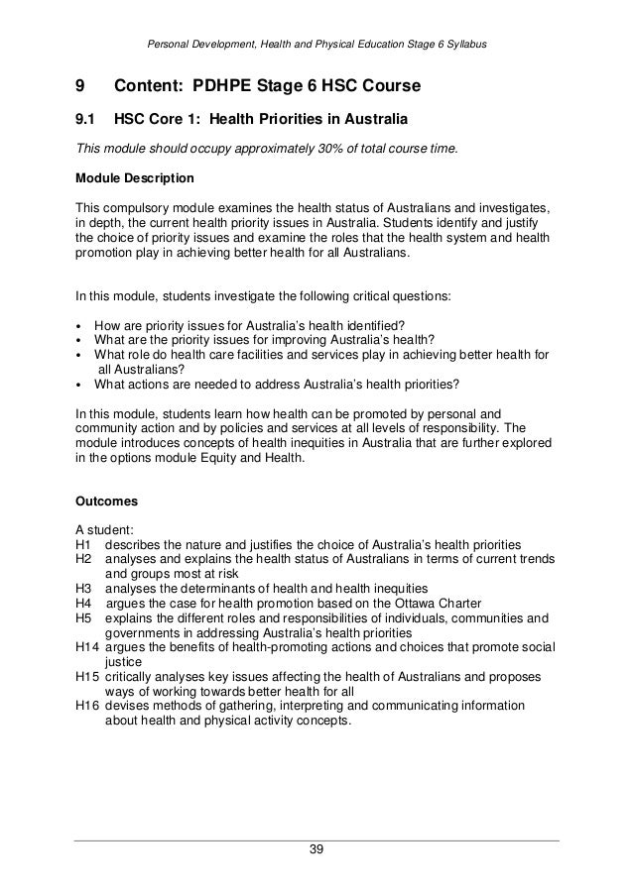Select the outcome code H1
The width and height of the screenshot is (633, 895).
(x=83, y=543)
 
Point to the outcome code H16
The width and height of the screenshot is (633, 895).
(x=87, y=706)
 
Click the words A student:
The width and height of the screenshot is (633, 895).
(x=103, y=528)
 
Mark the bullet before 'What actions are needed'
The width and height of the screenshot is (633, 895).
(x=79, y=385)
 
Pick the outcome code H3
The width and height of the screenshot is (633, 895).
(x=83, y=588)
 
